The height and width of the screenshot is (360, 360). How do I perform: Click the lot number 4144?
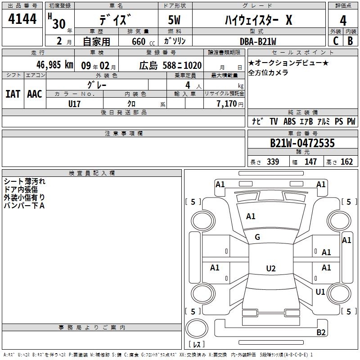point(22,19)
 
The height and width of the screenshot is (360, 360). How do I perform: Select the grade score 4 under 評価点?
point(343,21)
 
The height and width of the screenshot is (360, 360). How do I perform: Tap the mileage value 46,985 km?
point(55,65)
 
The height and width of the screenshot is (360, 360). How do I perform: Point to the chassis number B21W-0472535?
point(302,143)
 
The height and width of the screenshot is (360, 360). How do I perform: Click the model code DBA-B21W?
point(258,41)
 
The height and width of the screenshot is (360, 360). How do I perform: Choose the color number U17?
point(74,104)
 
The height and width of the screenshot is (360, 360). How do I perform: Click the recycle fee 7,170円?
point(230,104)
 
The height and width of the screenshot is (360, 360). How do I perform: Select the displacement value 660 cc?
point(143,42)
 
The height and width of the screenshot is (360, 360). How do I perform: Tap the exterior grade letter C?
point(336,41)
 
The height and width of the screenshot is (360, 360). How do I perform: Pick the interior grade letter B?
point(350,41)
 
